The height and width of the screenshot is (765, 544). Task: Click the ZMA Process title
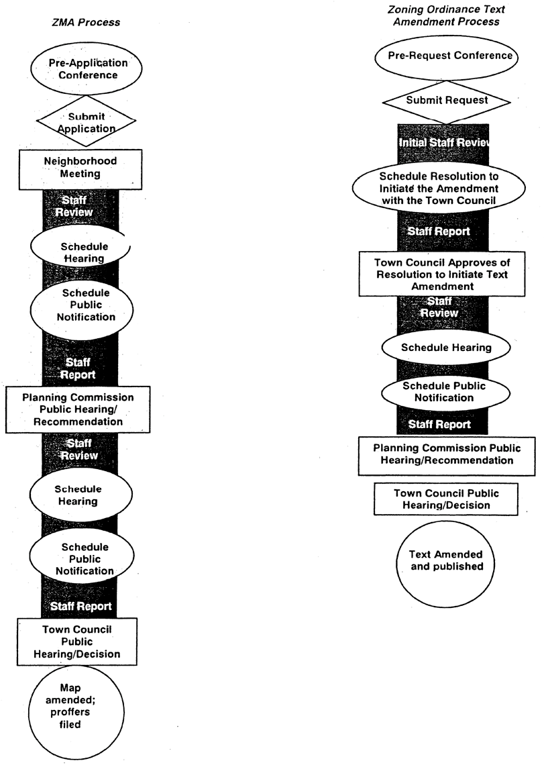point(86,22)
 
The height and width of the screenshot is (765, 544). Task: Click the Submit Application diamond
point(87,122)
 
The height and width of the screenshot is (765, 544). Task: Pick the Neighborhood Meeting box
point(80,168)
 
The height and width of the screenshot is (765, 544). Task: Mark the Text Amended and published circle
point(445,560)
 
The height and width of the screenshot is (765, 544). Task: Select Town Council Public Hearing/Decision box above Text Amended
point(446,499)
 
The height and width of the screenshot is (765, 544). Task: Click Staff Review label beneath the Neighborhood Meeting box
point(78,206)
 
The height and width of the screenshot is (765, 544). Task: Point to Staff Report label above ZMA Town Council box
point(80,607)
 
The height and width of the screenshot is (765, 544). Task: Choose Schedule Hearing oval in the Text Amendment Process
point(446,348)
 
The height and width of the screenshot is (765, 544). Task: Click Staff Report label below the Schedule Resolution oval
point(439,232)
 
